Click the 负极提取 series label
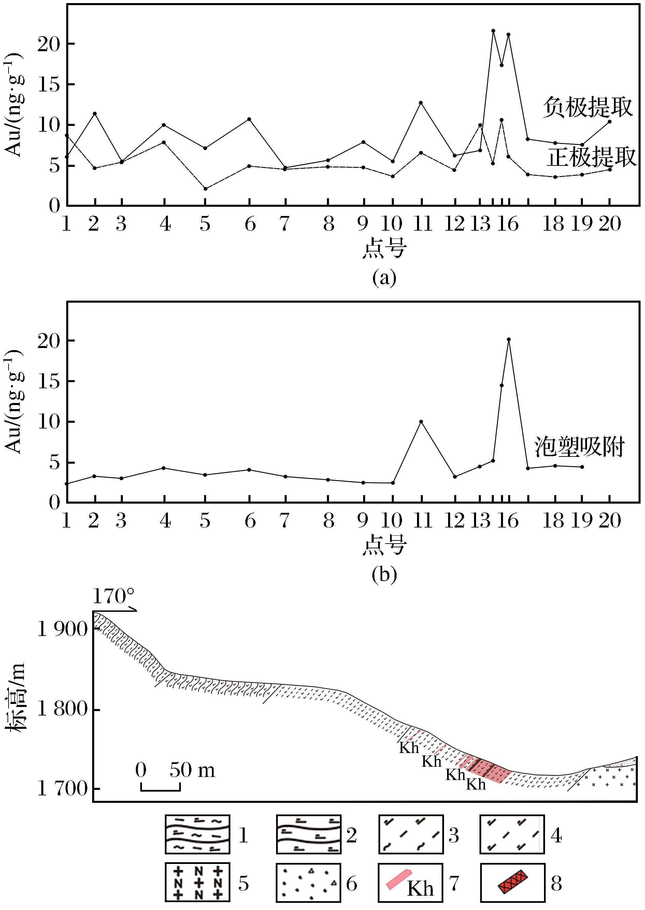click(587, 107)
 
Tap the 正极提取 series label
click(592, 157)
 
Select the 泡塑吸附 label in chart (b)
click(579, 447)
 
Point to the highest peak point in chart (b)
click(509, 340)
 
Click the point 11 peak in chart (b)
click(421, 422)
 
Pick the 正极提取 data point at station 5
click(205, 189)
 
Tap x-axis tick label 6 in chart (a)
click(250, 224)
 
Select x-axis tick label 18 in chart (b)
click(553, 521)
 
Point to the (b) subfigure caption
click(384, 575)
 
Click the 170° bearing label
click(114, 596)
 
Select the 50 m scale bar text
click(192, 770)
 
